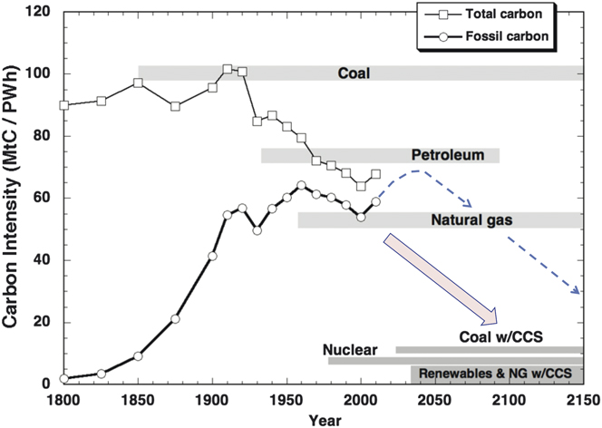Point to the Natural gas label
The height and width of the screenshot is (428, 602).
coord(468,219)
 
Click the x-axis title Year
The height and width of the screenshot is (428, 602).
coord(321,419)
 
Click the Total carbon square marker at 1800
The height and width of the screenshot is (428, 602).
coord(63,105)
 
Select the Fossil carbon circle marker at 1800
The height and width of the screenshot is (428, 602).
coord(63,378)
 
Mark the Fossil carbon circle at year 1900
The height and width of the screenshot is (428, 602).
coord(212,256)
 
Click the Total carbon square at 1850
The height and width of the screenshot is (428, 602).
coord(138,83)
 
